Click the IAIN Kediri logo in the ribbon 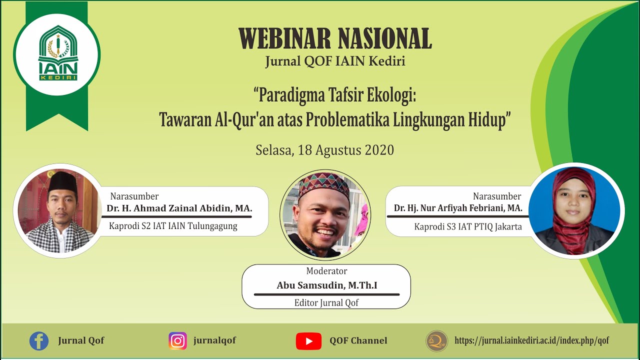58,54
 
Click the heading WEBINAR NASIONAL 335,38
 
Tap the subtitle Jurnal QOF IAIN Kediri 335,61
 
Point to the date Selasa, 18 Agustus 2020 325,150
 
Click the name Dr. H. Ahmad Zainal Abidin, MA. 179,208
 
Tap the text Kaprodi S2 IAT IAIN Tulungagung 173,226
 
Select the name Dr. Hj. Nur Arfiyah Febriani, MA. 458,208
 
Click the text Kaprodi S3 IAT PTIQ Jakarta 468,226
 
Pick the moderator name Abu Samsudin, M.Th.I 327,285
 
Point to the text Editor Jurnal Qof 326,302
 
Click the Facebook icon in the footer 39,341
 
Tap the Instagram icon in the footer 177,341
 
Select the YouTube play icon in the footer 308,341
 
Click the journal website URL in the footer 532,341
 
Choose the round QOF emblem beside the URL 436,341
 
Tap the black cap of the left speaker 62,182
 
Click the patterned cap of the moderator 323,184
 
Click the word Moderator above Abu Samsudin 326,271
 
